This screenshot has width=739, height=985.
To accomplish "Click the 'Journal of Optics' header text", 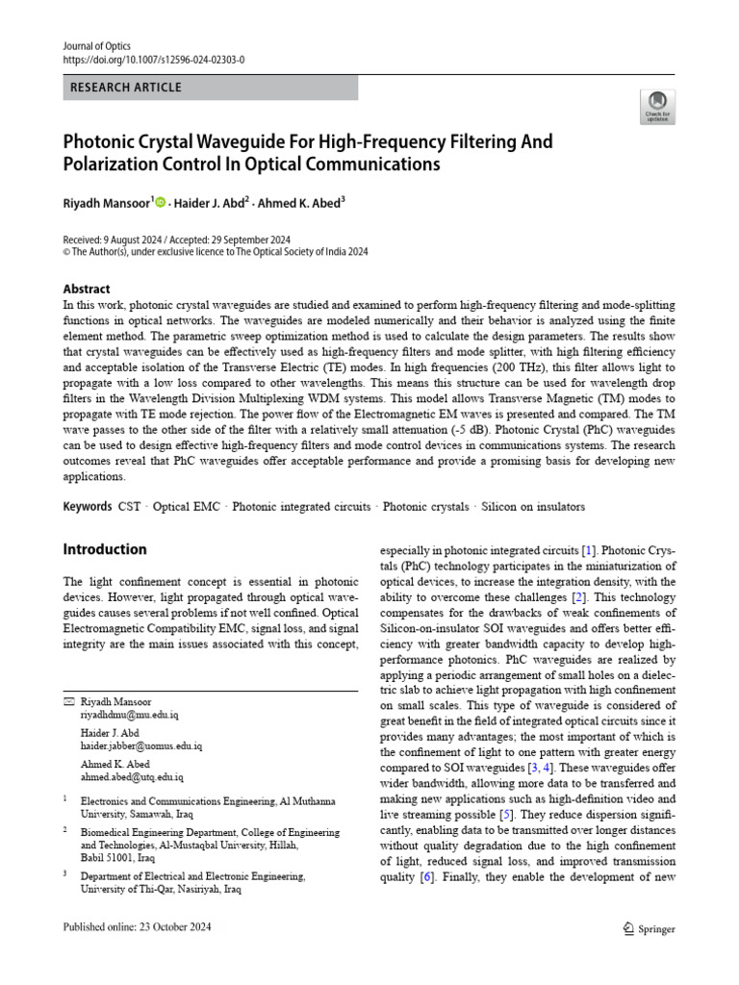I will pos(95,45).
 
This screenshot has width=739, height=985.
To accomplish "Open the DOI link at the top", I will pos(154,59).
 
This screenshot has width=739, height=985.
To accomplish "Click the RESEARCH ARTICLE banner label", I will pos(126,88).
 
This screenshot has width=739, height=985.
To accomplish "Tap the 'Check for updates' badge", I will pos(657,107).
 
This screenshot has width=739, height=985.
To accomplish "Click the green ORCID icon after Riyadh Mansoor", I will pos(160,202).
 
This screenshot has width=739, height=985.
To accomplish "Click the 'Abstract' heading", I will pos(87,289).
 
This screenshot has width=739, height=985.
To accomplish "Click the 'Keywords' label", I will pos(88,507).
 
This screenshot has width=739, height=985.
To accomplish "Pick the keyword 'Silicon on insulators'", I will pos(533,507).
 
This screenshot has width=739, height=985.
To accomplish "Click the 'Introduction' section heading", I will pos(105,550).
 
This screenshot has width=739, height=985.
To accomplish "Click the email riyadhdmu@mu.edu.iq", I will pos(128,716).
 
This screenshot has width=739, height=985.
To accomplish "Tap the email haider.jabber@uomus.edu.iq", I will pos(140,745).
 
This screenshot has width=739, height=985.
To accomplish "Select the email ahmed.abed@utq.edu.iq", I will pos(131,775).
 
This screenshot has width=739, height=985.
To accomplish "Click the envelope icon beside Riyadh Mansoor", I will pos(67,702).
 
